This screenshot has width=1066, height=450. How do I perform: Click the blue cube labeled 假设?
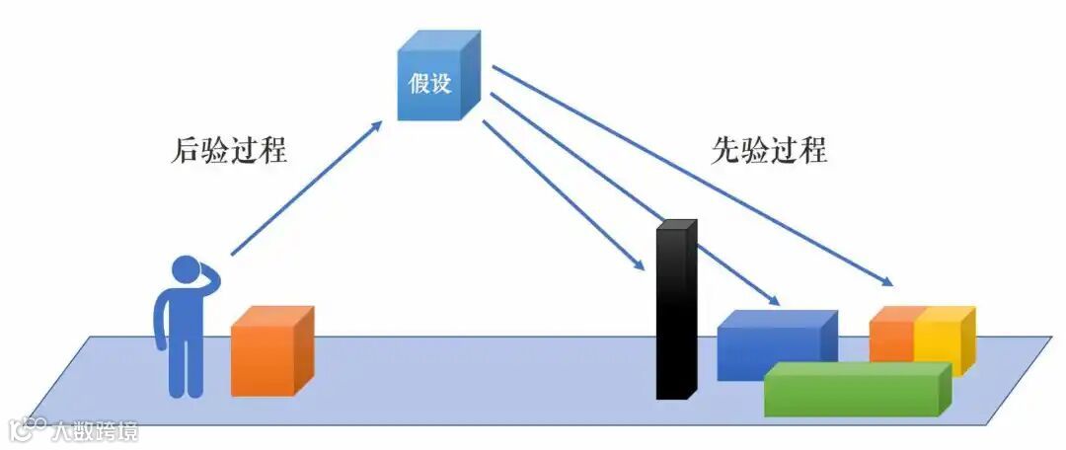[x=435, y=81]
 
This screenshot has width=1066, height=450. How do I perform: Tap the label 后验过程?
[x=229, y=151]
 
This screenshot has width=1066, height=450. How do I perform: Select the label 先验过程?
[x=769, y=150]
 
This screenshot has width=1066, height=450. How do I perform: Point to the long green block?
[x=854, y=391]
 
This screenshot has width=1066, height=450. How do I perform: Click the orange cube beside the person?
[x=268, y=353]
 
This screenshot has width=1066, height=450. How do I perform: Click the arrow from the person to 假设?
[x=306, y=188]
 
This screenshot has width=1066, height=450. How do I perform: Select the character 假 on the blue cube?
[x=419, y=83]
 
